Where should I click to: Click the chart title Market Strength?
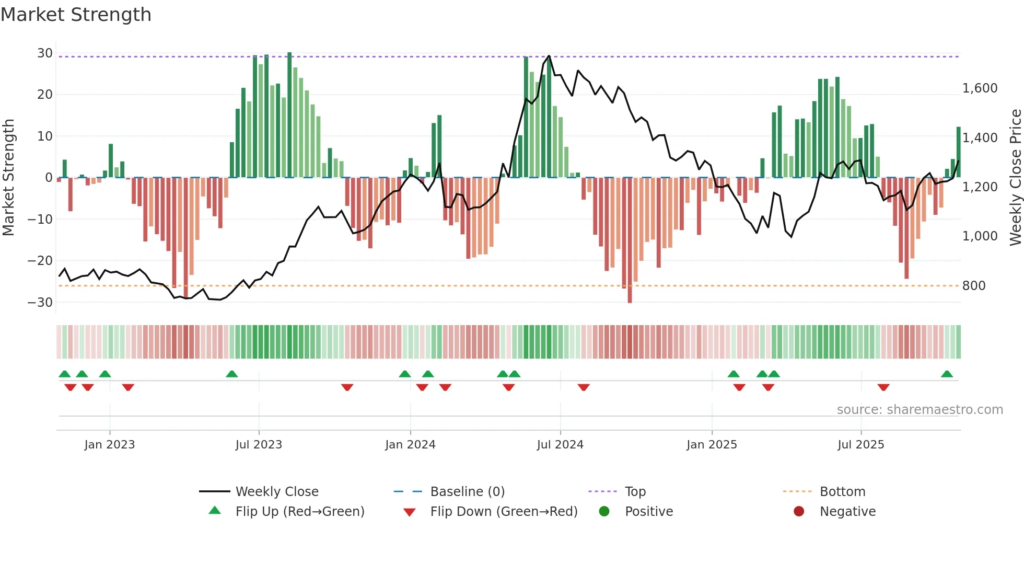pos(76,15)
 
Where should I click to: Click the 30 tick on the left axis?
pos(44,53)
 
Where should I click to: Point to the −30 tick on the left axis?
pos(40,303)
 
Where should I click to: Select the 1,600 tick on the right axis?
pos(980,88)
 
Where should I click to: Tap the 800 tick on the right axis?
pos(973,286)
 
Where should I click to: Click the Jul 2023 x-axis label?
pos(259,445)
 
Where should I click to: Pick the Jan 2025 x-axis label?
pos(712,445)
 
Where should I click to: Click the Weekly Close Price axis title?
pos(1015,178)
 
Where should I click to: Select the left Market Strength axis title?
pos(8,178)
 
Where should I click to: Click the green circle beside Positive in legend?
pos(604,512)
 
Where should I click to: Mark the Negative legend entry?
pos(847,512)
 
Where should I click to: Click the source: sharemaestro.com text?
pos(920,410)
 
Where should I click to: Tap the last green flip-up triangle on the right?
pos(947,374)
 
